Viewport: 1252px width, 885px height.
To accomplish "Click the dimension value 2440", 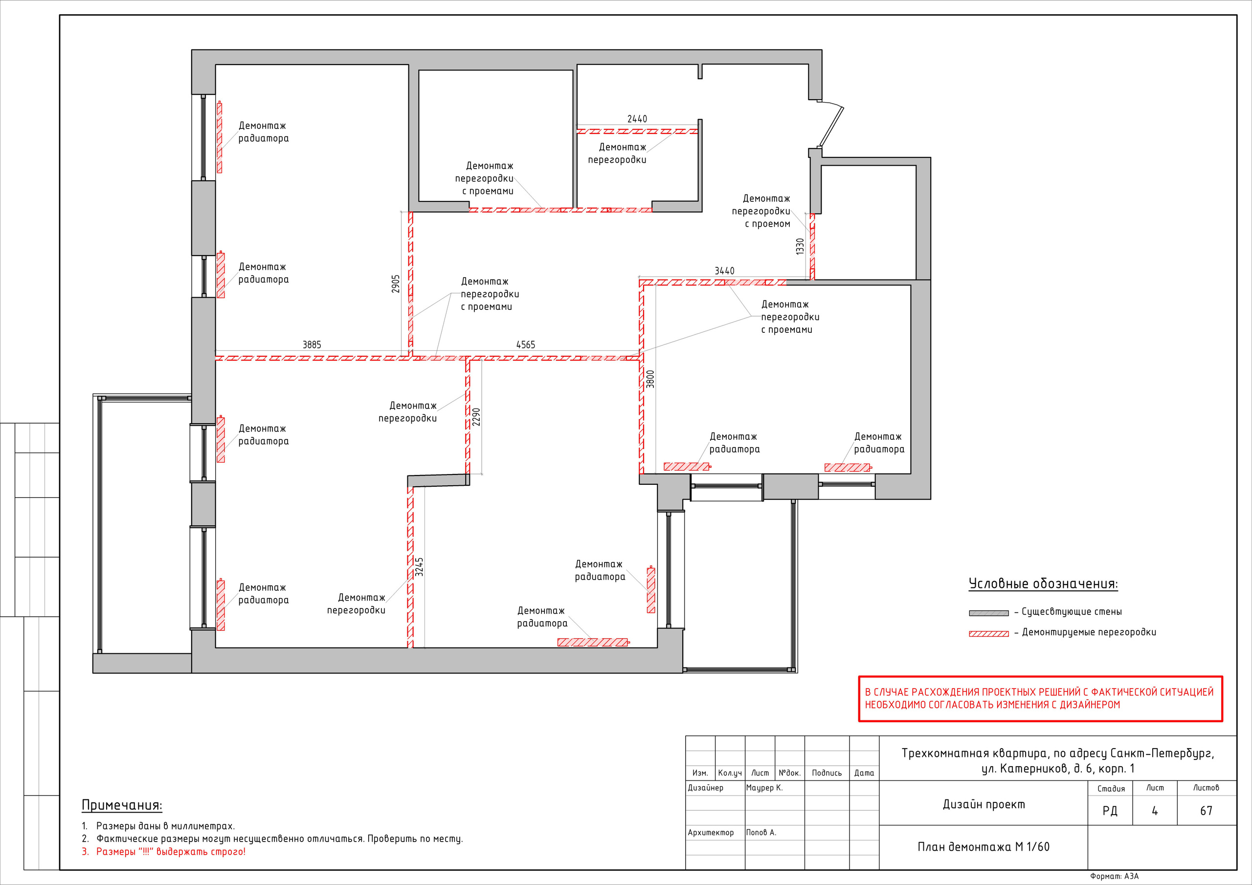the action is [637, 119].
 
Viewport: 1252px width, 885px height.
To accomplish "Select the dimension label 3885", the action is [312, 345].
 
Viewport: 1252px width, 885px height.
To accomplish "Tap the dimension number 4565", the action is [526, 345].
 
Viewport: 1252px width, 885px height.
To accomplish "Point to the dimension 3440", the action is [724, 271].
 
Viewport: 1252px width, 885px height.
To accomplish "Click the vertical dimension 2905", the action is [396, 284].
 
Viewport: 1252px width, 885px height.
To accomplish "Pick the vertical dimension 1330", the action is [800, 246].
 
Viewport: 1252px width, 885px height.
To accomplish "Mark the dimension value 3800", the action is [650, 379].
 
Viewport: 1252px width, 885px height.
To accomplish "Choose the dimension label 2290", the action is [476, 417].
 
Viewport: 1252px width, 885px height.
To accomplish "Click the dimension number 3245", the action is [419, 567].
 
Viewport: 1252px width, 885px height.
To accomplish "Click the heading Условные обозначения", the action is [1043, 583].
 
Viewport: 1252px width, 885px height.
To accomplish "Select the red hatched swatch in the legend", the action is [988, 634].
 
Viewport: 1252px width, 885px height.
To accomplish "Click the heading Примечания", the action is [122, 805].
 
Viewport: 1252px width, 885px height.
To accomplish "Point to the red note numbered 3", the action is [163, 852].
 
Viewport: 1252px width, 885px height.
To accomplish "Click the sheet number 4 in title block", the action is [1154, 811].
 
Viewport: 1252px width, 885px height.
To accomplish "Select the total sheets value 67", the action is [1206, 811].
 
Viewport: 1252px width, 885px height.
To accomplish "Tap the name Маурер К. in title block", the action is [764, 787].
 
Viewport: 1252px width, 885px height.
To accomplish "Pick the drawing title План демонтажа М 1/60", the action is [983, 847].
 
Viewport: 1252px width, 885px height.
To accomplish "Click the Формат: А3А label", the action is [1114, 876].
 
